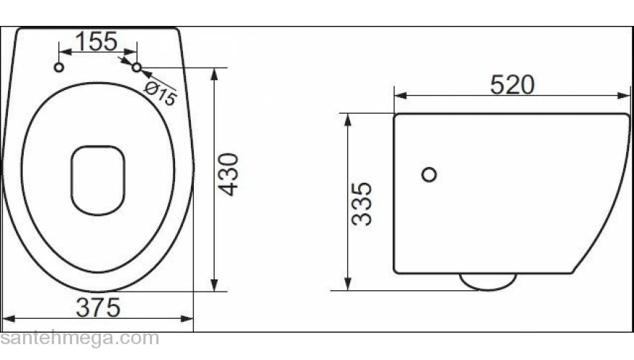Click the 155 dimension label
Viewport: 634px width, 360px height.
(97, 42)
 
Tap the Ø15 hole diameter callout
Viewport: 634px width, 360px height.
(160, 93)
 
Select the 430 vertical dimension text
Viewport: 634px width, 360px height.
(228, 174)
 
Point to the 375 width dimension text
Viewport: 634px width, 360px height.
(98, 307)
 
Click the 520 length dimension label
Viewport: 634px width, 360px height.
(512, 85)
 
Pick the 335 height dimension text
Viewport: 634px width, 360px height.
(362, 204)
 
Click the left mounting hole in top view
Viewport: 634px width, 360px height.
(59, 67)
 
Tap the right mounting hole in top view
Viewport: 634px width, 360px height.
(136, 67)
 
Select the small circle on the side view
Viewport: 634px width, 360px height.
(429, 174)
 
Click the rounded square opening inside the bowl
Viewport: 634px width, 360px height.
(98, 180)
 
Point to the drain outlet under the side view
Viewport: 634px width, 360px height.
(488, 282)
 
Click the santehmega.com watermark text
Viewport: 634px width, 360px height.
(79, 338)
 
